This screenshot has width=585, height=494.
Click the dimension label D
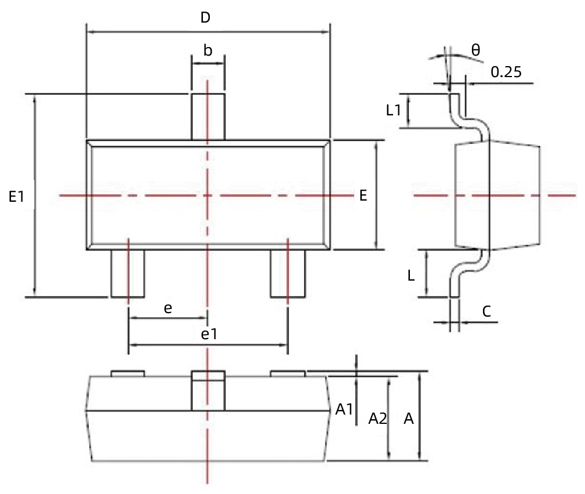click(x=205, y=18)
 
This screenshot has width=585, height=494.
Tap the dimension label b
click(x=208, y=50)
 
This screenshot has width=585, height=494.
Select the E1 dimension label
click(x=16, y=197)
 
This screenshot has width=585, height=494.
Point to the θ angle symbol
click(x=475, y=50)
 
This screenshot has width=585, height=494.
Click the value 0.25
click(x=506, y=72)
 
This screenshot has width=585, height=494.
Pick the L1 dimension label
click(x=394, y=110)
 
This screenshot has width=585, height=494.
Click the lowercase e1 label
click(x=208, y=334)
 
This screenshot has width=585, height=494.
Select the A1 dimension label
click(x=344, y=409)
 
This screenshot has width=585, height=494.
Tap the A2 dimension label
click(x=377, y=418)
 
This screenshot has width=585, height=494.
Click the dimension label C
click(x=486, y=311)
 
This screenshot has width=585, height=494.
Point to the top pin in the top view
click(x=208, y=116)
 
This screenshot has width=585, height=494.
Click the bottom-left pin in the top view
click(x=128, y=274)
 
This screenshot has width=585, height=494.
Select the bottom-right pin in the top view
click(x=288, y=274)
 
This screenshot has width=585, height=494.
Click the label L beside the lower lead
click(x=410, y=276)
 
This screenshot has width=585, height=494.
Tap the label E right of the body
click(x=363, y=196)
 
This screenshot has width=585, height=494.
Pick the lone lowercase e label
click(x=168, y=308)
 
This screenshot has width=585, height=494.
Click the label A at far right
click(x=408, y=418)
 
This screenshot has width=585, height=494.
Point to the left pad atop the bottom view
click(x=128, y=373)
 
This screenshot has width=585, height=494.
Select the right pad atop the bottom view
click(x=288, y=373)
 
